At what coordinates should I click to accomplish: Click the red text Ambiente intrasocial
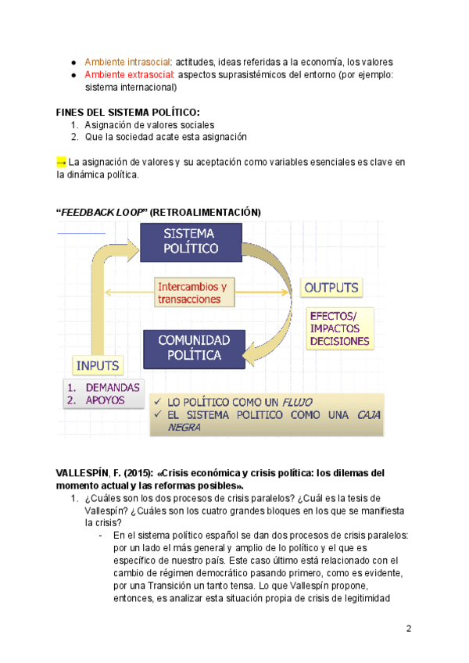tap(127, 62)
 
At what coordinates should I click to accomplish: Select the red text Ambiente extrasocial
tap(129, 75)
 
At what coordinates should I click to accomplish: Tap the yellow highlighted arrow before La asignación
tap(61, 162)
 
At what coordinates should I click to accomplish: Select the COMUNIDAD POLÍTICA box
tap(194, 348)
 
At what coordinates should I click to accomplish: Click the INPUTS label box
tap(98, 364)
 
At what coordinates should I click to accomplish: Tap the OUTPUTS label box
tap(331, 288)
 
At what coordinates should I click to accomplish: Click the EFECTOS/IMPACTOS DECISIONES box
tap(339, 328)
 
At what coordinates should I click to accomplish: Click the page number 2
tap(409, 629)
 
